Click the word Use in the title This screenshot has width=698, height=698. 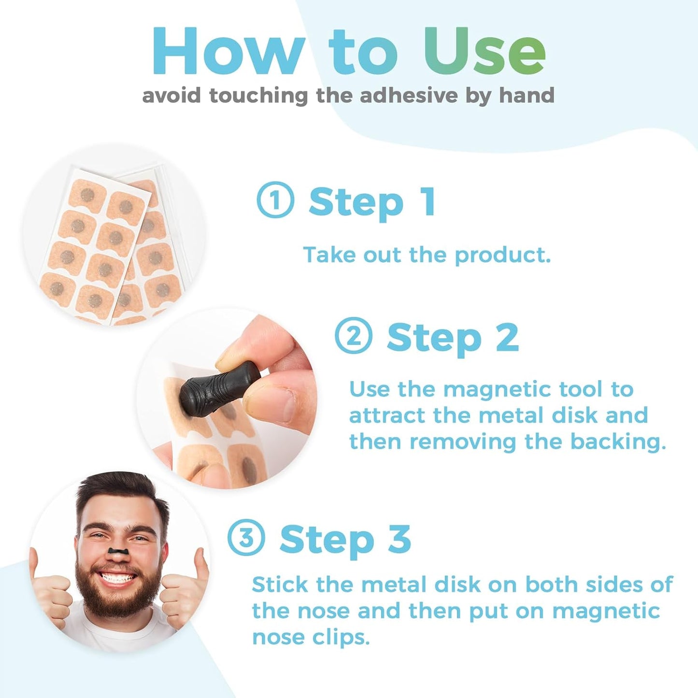484,52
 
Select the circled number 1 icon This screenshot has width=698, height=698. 275,199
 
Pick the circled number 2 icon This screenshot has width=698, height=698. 354,336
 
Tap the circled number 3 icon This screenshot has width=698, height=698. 246,537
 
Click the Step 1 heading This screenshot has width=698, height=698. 372,202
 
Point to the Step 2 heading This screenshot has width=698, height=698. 453,338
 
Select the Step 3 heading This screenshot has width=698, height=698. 345,540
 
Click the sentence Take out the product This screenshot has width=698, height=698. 427,255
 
